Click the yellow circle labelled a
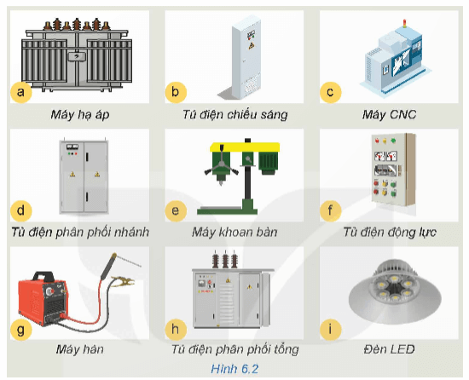20,92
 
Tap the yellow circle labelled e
176,210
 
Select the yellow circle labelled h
176,329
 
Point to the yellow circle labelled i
330,329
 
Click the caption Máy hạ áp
80,115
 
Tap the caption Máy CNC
389,115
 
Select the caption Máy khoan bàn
234,232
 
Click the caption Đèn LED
389,349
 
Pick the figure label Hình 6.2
234,369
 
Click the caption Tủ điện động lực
390,233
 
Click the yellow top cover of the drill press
245,147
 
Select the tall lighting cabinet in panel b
246,59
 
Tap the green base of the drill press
228,209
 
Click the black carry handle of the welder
44,276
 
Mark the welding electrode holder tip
114,256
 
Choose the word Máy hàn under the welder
80,349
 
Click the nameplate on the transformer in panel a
77,56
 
